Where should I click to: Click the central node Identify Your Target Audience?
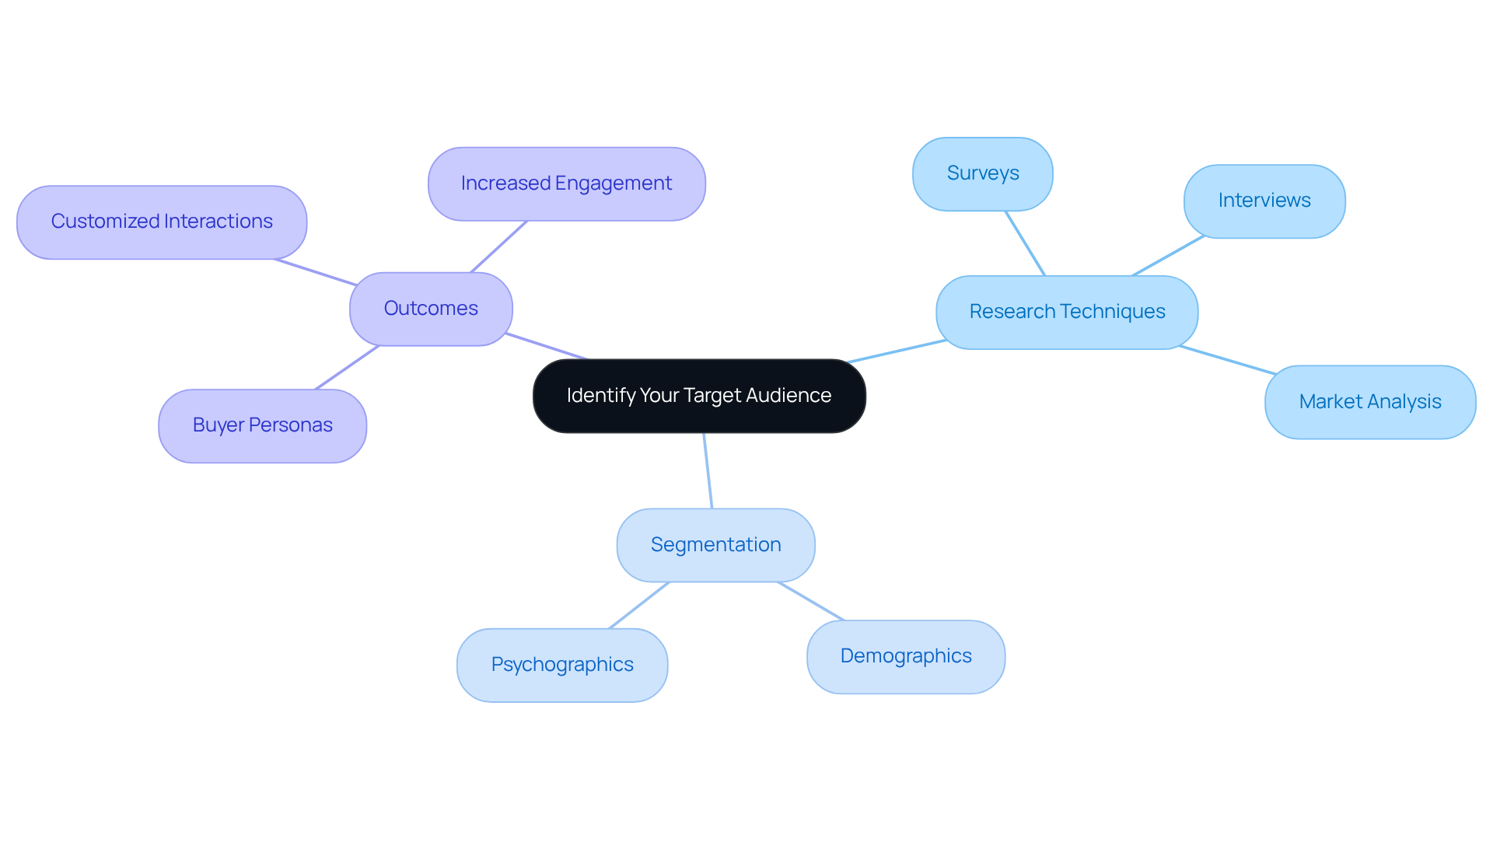click(698, 396)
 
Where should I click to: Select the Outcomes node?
click(431, 309)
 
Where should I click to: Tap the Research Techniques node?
click(1066, 312)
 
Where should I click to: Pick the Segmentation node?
click(715, 545)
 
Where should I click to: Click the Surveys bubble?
click(982, 173)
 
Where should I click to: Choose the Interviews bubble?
click(1264, 201)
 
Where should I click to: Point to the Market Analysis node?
click(1369, 402)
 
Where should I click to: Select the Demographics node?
click(905, 656)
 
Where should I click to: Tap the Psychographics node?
click(561, 665)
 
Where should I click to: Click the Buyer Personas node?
click(262, 425)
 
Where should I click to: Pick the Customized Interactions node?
click(161, 222)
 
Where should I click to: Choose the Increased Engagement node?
click(566, 183)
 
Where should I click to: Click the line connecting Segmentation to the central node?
click(708, 470)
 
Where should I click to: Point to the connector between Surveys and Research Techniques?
click(1025, 243)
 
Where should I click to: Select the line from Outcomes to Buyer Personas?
click(347, 367)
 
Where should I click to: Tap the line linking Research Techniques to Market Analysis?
click(1227, 360)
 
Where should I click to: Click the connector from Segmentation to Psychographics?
click(639, 605)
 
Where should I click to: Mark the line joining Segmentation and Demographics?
click(811, 601)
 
